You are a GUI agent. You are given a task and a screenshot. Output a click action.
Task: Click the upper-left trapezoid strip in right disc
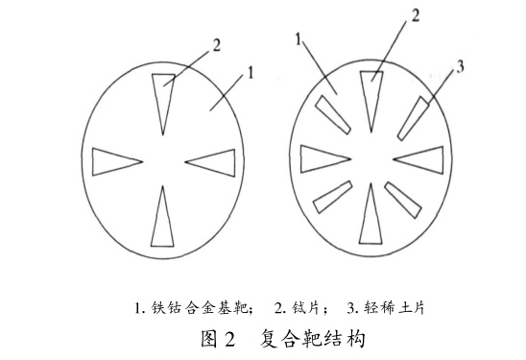[x=333, y=115]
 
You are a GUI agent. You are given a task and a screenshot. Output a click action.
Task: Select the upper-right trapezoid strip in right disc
[x=414, y=118]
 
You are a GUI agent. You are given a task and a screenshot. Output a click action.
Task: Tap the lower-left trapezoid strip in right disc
[x=332, y=197]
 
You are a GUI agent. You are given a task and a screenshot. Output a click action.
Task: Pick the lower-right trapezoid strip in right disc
[x=403, y=200]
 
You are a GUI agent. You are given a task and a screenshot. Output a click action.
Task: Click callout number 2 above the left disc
[x=217, y=46]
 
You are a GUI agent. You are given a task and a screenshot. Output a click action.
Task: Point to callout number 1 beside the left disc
[x=251, y=72]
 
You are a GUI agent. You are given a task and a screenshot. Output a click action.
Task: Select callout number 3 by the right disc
[x=460, y=66]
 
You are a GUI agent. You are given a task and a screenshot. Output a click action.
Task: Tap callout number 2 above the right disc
[x=416, y=15]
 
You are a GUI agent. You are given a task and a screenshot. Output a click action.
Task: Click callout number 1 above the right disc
[x=299, y=39]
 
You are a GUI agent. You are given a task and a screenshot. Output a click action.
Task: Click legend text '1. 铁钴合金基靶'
[x=194, y=307]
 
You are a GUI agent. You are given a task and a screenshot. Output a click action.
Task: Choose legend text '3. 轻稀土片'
[x=386, y=307]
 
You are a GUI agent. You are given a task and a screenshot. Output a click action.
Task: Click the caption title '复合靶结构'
[x=312, y=339]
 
